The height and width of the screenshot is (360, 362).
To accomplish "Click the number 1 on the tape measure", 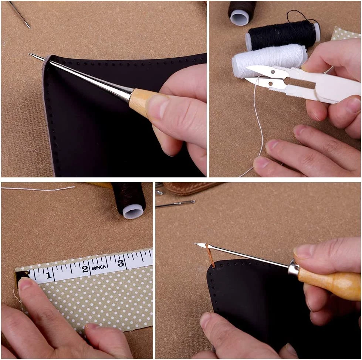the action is (48, 275).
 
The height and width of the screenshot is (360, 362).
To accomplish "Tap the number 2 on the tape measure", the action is (85, 269).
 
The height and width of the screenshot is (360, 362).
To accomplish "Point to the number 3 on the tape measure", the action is (121, 263).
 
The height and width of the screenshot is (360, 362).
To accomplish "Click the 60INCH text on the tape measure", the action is (99, 268).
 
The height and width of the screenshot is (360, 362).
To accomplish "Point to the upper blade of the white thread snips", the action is (268, 70).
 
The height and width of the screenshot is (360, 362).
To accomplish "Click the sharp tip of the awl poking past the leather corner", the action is (30, 54).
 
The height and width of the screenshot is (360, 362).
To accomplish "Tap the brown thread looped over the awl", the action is (210, 256).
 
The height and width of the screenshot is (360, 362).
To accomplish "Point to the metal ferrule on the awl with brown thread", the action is (294, 267).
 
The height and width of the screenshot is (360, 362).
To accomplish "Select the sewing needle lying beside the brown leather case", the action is (176, 204).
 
